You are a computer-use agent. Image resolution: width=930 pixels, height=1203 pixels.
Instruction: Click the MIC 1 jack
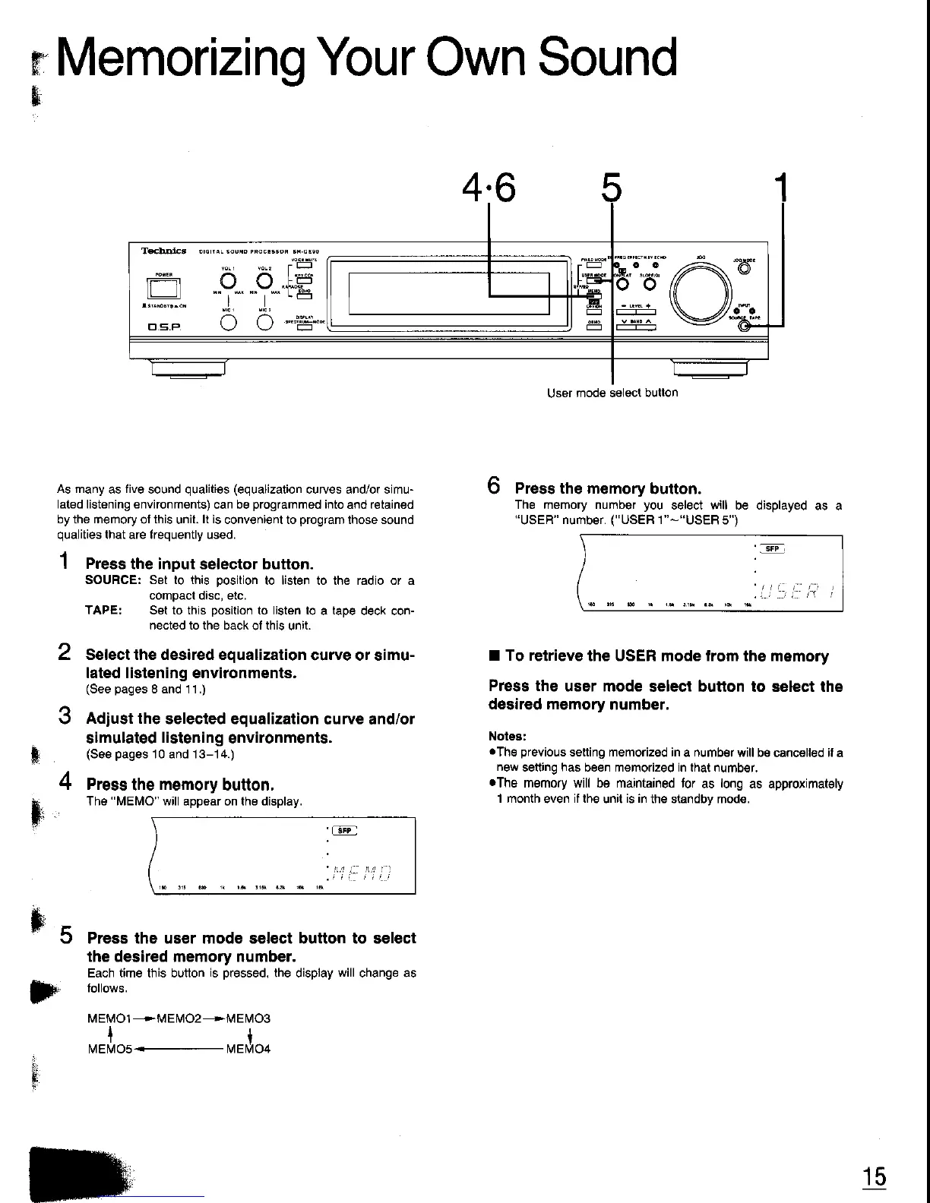(226, 323)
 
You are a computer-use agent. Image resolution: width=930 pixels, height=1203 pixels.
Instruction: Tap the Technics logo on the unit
(163, 251)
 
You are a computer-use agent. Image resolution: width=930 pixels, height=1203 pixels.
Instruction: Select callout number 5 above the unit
(611, 189)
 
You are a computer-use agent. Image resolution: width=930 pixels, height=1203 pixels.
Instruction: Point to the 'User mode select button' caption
(612, 393)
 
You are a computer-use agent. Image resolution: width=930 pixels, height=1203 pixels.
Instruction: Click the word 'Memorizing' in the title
(179, 58)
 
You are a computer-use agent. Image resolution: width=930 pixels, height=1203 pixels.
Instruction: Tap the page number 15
(874, 1176)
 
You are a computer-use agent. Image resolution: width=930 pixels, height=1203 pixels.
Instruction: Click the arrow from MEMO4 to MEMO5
(179, 1050)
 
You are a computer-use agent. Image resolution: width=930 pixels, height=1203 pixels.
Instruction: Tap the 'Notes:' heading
(507, 736)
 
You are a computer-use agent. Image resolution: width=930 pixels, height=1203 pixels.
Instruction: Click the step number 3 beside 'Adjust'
(65, 717)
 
